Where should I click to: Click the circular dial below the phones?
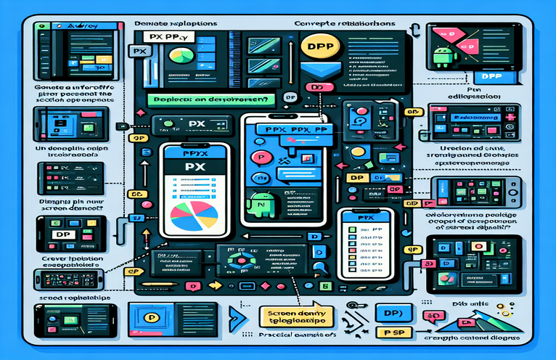click(241, 264)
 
